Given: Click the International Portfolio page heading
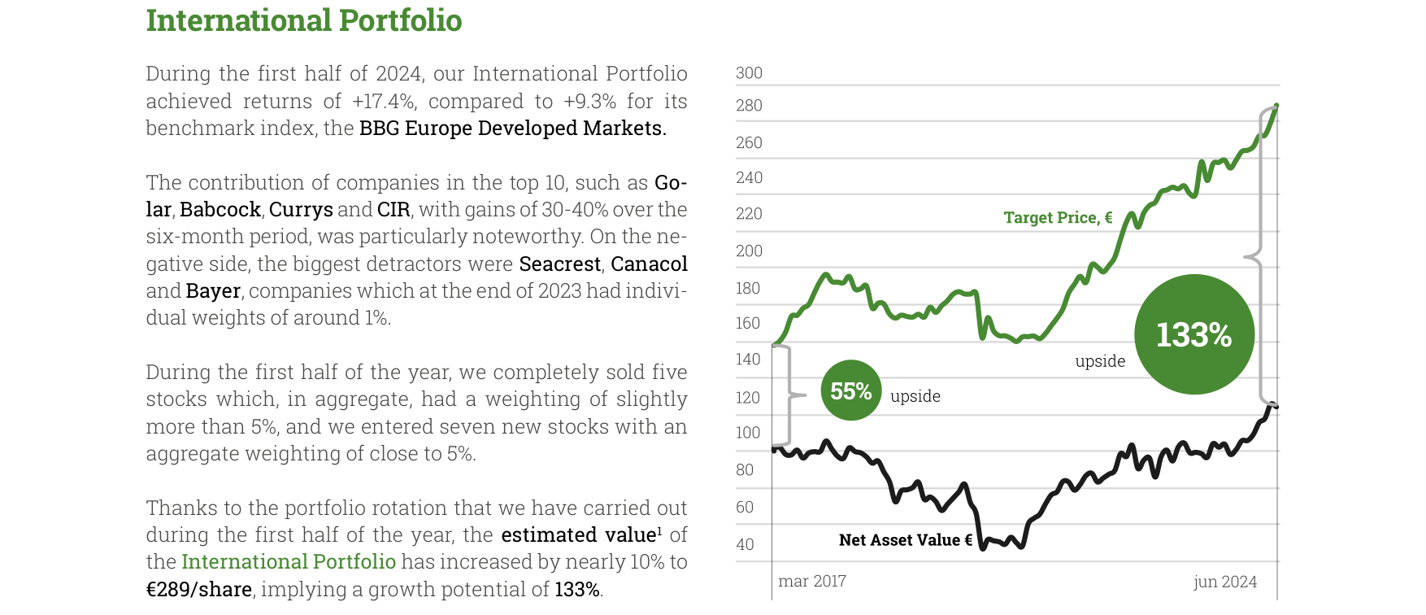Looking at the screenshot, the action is coord(304,20).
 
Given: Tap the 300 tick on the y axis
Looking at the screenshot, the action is coord(749,73).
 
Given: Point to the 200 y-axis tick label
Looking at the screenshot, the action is coord(749,251).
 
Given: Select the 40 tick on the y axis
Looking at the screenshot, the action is coord(745,544).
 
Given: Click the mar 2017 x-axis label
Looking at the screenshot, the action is coord(812,581).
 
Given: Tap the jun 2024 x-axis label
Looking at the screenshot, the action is coord(1225,582).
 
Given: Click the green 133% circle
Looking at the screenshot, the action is coord(1194,334).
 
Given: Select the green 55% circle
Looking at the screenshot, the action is coord(851,390).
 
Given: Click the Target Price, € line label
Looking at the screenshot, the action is coord(1058,217).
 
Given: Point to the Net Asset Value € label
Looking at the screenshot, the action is coord(906,540).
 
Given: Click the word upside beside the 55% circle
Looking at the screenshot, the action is coord(915,396).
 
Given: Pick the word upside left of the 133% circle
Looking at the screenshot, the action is coord(1100,361).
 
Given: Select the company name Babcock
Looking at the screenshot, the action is coord(220,209).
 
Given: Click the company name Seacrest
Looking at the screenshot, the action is coord(560,264).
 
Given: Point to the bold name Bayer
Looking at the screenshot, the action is coord(213,291).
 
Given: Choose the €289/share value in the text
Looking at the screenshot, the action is coord(198,589).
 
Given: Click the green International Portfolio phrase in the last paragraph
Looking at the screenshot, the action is coord(289,561).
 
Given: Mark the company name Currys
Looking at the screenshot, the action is coord(301,210).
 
